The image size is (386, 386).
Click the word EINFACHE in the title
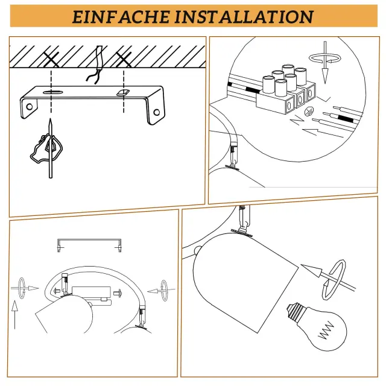click(x=121, y=17)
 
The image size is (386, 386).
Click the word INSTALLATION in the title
click(x=244, y=17)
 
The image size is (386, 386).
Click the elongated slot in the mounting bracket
click(x=53, y=92)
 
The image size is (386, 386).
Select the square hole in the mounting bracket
click(x=123, y=92)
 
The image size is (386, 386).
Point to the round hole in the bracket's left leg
click(x=30, y=107)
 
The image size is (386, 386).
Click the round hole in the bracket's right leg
click(x=157, y=113)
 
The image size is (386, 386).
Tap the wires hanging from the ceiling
click(x=96, y=65)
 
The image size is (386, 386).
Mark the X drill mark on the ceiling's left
click(x=51, y=59)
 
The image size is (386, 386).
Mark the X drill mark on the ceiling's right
click(x=124, y=59)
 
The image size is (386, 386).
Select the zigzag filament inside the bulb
click(x=326, y=331)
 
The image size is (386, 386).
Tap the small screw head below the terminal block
click(x=309, y=112)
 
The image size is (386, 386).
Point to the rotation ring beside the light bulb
click(x=334, y=280)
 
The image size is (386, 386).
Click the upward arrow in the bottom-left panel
click(x=14, y=315)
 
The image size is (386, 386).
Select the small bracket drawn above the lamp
click(x=89, y=245)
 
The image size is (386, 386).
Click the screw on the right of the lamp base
click(x=118, y=293)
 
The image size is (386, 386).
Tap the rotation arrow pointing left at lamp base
click(x=162, y=291)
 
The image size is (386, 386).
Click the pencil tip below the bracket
click(x=50, y=119)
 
